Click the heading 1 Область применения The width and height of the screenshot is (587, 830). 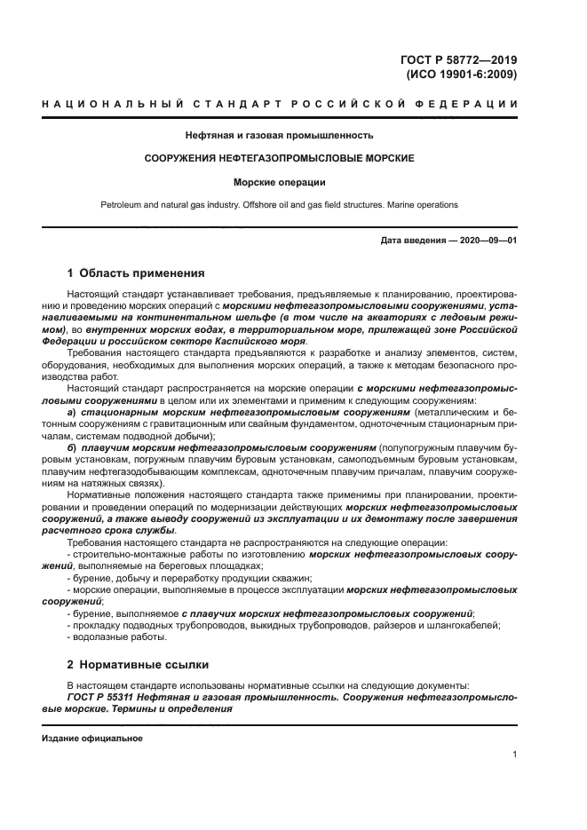pos(136,273)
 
